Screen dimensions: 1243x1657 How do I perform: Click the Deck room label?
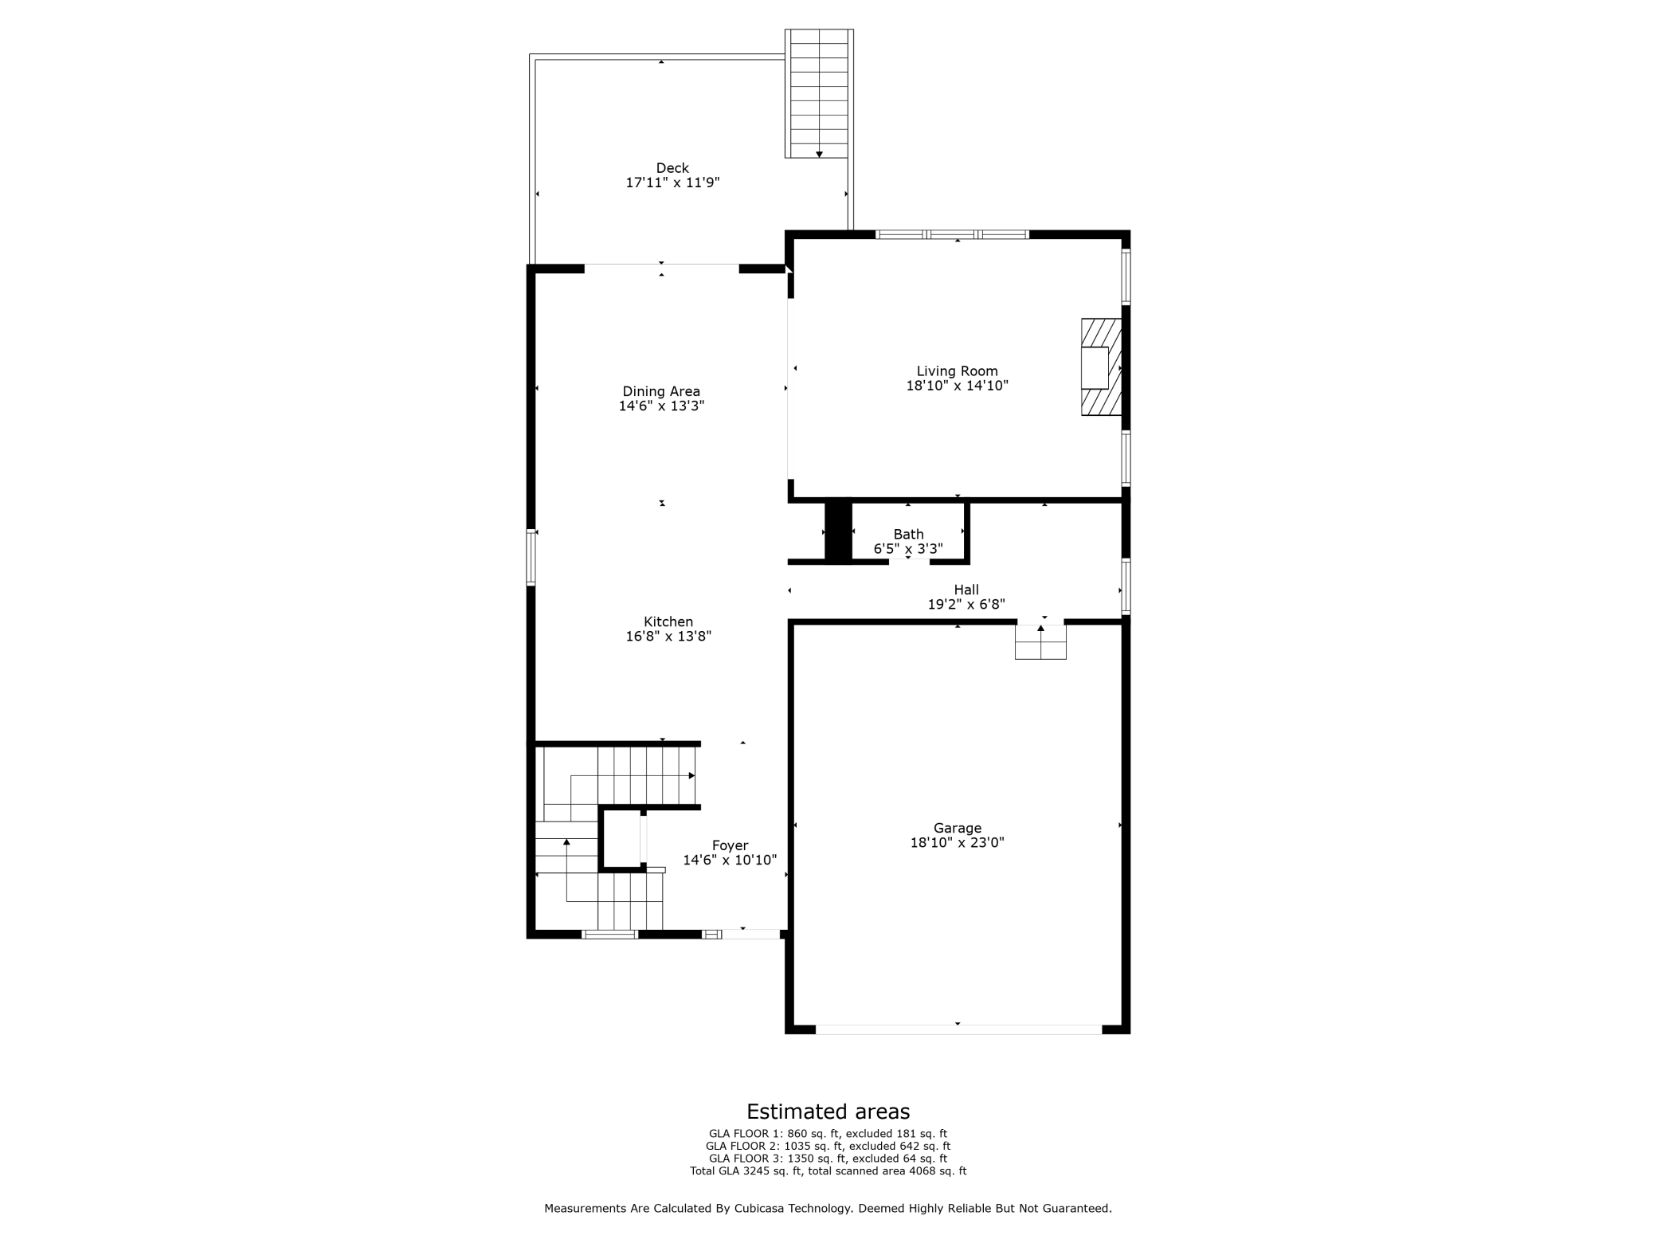[x=672, y=168]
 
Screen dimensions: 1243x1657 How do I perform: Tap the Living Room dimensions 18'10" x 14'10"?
[x=957, y=386]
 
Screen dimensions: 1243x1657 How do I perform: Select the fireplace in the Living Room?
[x=1100, y=367]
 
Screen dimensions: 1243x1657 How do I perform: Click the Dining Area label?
[x=661, y=391]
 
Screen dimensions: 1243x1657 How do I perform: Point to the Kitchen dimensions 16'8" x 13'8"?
[x=668, y=637]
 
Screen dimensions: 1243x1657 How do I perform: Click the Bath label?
[x=908, y=535]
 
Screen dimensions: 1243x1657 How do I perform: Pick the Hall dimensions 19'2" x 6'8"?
[x=966, y=605]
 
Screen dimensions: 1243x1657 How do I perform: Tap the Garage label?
[x=957, y=828]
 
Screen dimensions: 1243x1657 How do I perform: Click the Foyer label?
[x=730, y=845]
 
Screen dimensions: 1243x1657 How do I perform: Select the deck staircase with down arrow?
[x=818, y=94]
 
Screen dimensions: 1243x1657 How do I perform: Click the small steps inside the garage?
[x=1040, y=642]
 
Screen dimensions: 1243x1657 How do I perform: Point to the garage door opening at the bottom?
[x=958, y=1029]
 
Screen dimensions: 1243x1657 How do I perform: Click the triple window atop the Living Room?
[x=952, y=234]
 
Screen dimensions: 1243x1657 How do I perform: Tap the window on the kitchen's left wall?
[x=531, y=557]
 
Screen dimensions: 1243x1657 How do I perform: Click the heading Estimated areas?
[x=828, y=1112]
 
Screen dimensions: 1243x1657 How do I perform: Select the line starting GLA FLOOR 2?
[x=828, y=1146]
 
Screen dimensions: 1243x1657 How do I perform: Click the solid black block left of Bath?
[x=837, y=531]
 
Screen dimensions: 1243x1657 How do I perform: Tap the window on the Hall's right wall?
[x=1126, y=586]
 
